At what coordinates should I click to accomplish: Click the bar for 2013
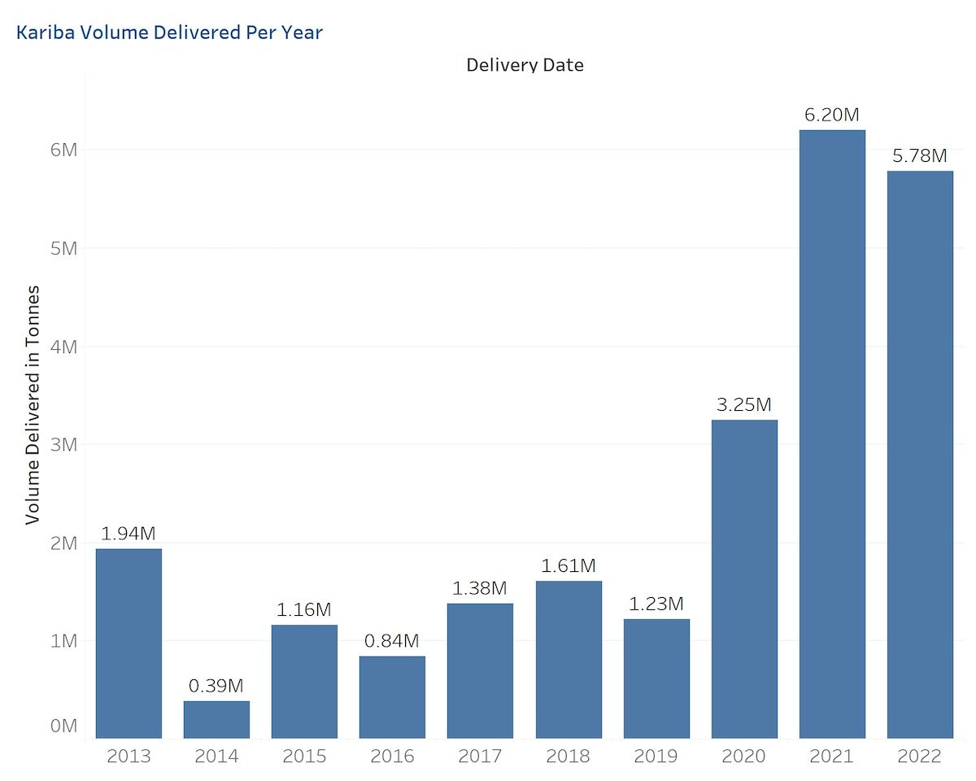tap(129, 643)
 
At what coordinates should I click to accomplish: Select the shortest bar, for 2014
tap(216, 719)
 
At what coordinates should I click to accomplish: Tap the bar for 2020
tap(744, 578)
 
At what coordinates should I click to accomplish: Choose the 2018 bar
tap(569, 659)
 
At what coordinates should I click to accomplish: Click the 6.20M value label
tap(831, 115)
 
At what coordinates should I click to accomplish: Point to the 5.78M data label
tap(920, 155)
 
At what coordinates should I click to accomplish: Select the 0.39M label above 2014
tap(216, 686)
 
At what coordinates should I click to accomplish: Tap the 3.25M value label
tap(743, 404)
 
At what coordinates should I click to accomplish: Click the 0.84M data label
tap(392, 641)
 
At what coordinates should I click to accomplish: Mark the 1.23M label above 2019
tap(656, 604)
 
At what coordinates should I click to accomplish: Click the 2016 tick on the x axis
tap(392, 757)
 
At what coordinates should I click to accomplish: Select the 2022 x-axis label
tap(920, 757)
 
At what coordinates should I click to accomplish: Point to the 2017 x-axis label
tap(480, 757)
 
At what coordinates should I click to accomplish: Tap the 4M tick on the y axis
tap(63, 347)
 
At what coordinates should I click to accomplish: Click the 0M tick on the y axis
tap(63, 726)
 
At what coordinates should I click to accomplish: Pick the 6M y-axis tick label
tap(63, 150)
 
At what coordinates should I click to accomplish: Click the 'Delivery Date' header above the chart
tap(525, 65)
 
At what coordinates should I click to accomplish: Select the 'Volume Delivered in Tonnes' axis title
tap(33, 404)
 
